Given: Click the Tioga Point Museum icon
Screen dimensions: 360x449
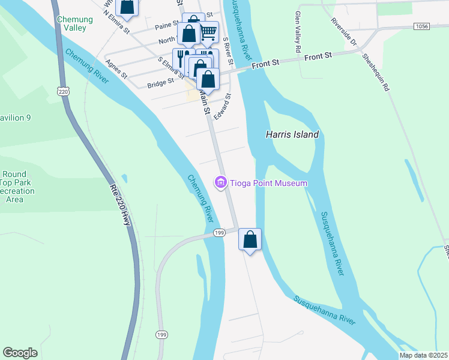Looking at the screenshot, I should pyautogui.click(x=220, y=182).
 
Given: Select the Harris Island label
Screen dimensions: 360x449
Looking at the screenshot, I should pyautogui.click(x=292, y=135).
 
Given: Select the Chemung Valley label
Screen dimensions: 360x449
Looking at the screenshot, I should pyautogui.click(x=74, y=23).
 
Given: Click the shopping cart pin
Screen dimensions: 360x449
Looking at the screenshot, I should pyautogui.click(x=208, y=32).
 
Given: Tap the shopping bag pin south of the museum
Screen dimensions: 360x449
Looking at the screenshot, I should pyautogui.click(x=250, y=239).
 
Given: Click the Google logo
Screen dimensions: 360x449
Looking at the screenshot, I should pyautogui.click(x=20, y=353).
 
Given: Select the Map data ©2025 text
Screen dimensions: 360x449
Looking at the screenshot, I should pyautogui.click(x=423, y=355).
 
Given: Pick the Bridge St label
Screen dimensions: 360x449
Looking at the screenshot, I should pyautogui.click(x=161, y=80).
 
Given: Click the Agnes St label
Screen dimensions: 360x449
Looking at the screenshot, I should pyautogui.click(x=116, y=68).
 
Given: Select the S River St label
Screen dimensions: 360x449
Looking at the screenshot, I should pyautogui.click(x=227, y=47).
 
